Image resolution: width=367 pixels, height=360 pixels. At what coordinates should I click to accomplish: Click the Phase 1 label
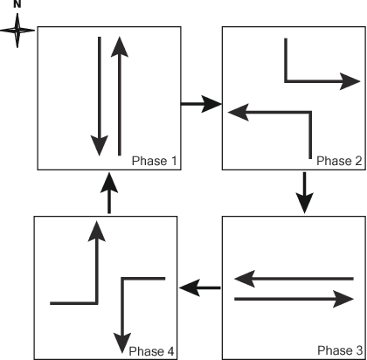(x=155, y=161)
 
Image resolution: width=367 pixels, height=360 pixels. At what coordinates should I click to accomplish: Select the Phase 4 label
(x=152, y=350)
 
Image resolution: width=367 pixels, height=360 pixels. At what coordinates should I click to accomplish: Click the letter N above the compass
(x=17, y=6)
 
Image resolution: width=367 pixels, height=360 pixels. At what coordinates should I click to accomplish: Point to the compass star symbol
(x=17, y=31)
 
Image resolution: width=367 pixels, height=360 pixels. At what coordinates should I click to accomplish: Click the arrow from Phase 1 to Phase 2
(x=200, y=105)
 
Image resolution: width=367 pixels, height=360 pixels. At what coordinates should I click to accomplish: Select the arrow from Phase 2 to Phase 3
(x=304, y=192)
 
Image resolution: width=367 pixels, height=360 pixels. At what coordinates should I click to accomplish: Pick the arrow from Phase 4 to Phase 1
(x=107, y=192)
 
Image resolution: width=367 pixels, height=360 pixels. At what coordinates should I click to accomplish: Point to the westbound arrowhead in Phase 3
(x=244, y=280)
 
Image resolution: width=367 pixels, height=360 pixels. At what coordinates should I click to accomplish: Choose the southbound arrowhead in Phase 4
(x=124, y=336)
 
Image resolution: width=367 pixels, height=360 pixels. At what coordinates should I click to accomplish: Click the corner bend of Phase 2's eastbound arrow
(x=286, y=81)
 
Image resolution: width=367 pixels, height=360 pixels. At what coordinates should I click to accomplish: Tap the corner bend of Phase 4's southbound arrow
(x=124, y=280)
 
